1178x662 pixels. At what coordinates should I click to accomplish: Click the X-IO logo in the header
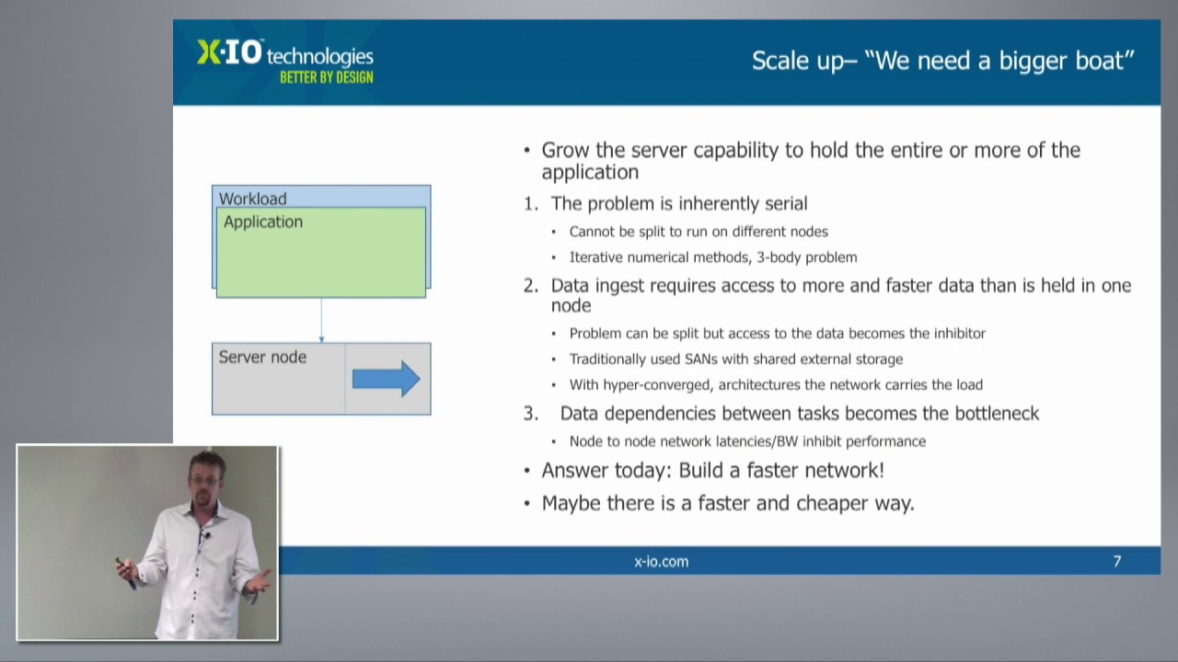tap(229, 52)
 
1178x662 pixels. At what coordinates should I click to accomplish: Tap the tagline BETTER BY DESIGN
tap(327, 78)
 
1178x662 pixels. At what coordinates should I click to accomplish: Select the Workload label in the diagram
tap(253, 199)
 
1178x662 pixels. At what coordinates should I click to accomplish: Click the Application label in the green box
tap(263, 222)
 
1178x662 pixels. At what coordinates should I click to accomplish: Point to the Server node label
tap(262, 357)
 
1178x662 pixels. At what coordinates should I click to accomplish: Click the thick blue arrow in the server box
tap(386, 378)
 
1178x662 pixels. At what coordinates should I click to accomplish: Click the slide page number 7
tap(1117, 562)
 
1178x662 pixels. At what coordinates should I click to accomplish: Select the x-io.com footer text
tap(661, 562)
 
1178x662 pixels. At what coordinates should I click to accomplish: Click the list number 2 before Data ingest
tap(531, 285)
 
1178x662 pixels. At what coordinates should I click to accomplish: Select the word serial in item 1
tap(786, 203)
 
